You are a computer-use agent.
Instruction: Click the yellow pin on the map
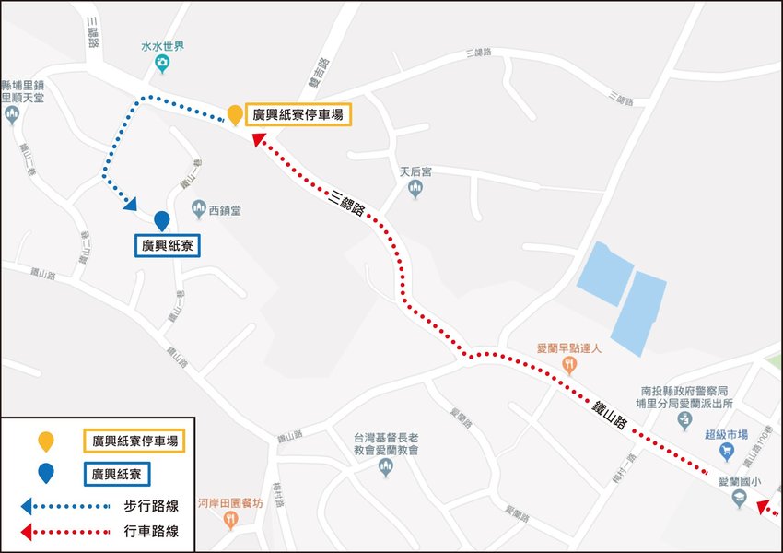point(235,114)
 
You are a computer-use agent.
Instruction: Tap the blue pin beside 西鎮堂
point(162,221)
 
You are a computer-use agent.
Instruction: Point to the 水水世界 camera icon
point(162,63)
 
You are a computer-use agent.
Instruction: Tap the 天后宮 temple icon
point(415,189)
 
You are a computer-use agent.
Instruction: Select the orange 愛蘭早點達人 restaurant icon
point(570,363)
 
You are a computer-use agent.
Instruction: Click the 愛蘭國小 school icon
point(737,498)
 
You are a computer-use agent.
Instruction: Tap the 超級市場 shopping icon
point(728,449)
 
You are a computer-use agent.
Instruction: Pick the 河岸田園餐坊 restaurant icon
point(229,520)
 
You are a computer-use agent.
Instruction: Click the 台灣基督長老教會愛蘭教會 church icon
point(386,467)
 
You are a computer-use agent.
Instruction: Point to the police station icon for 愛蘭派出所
point(684,421)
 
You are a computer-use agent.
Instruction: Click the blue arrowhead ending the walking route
point(130,205)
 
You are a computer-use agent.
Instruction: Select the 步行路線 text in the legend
point(150,505)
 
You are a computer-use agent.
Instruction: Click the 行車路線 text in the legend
point(150,531)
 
